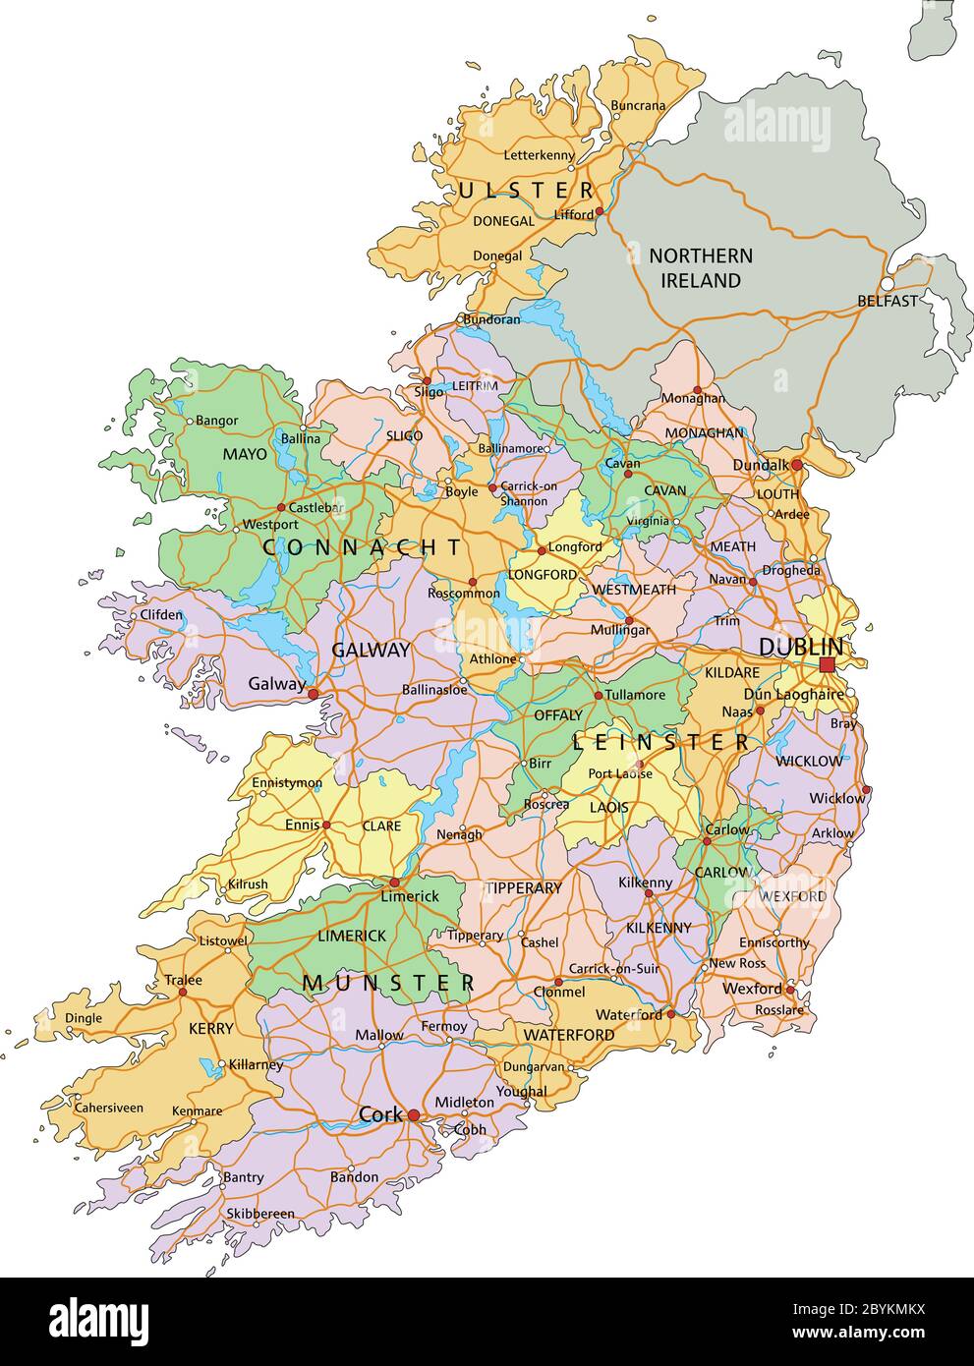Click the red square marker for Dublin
(827, 665)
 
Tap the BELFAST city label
(887, 301)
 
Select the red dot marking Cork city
(415, 1115)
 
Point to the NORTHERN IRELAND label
(701, 268)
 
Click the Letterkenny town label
(539, 155)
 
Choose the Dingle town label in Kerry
(83, 1018)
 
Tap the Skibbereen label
(260, 1214)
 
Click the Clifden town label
(161, 615)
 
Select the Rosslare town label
(779, 1010)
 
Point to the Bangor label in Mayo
(216, 421)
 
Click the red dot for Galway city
(314, 694)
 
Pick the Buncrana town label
(638, 105)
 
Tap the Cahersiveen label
(108, 1108)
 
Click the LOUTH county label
(776, 494)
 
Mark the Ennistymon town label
(287, 783)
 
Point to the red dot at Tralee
(183, 993)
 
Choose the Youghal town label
(522, 1092)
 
